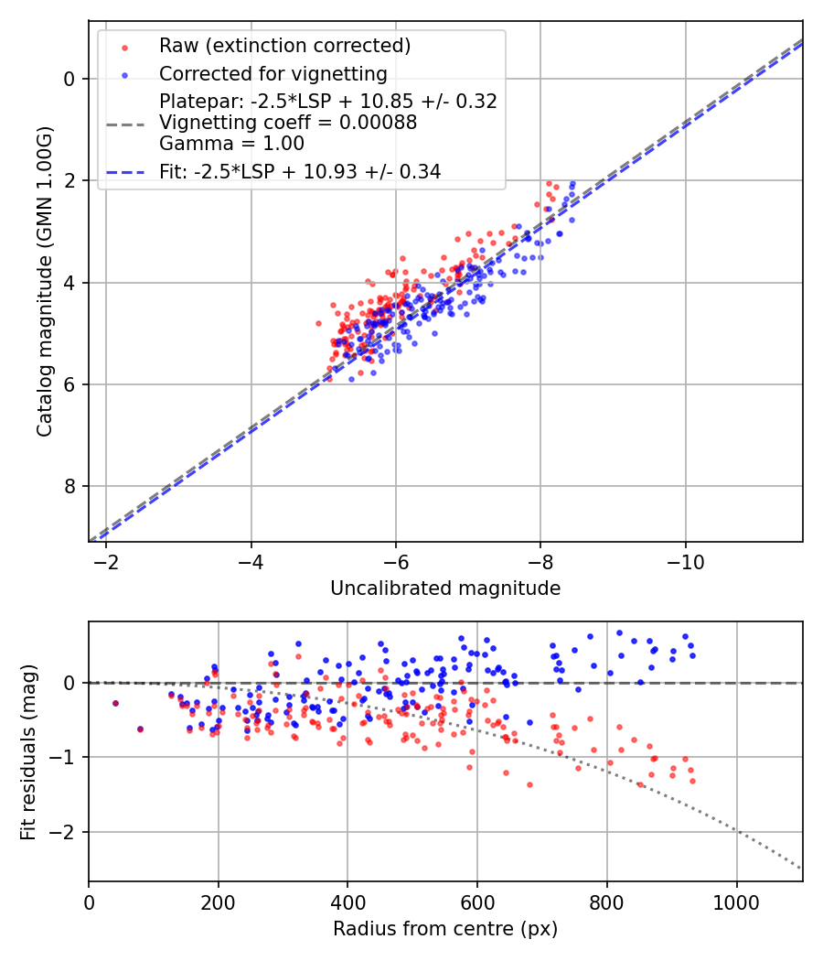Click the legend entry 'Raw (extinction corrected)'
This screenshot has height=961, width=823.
284,46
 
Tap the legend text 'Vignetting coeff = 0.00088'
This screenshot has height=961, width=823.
288,123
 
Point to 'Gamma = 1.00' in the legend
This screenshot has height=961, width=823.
231,144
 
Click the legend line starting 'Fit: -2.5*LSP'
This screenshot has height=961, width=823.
300,171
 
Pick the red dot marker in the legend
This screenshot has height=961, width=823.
124,47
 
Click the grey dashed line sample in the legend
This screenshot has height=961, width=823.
124,123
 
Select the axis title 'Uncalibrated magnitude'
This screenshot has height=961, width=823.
445,588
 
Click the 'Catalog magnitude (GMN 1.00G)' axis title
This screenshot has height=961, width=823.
44,281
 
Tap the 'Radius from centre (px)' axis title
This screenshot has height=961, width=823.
445,929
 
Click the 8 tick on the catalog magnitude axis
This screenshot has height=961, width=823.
69,486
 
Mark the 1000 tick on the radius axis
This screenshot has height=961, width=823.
736,902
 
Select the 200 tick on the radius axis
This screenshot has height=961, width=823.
218,902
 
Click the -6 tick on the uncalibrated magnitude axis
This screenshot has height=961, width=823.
396,562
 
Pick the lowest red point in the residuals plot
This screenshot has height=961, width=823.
529,784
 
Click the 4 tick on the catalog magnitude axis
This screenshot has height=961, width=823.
69,282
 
